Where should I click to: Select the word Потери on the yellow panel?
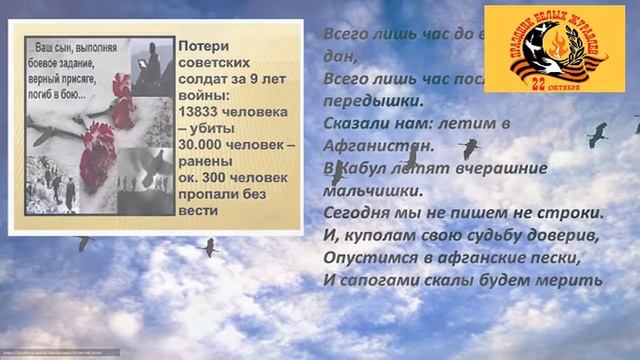tap(204, 46)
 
